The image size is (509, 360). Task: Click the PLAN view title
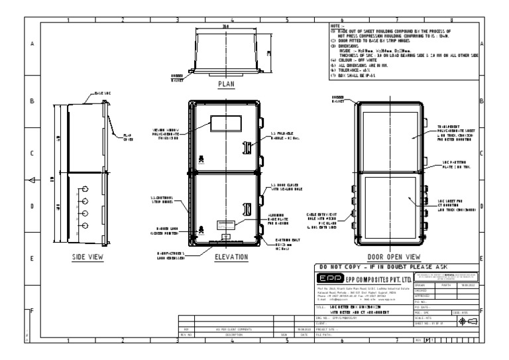click(x=227, y=85)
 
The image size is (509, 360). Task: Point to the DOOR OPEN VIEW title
click(x=394, y=257)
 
